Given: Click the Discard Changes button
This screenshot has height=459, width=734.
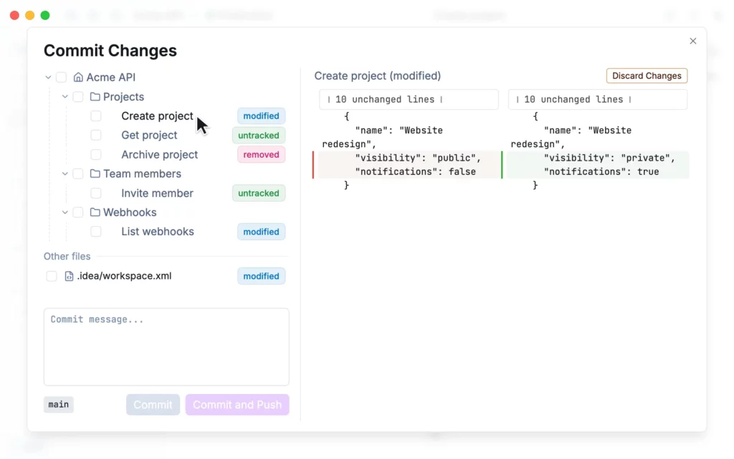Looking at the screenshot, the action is point(647,76).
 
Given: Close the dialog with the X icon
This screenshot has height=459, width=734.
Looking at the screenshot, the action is point(693,41).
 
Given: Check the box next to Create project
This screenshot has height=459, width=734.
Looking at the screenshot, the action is point(96,116).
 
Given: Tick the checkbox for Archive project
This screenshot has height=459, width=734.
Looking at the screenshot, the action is point(96,155).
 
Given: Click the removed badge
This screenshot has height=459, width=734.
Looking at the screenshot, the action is point(261,155).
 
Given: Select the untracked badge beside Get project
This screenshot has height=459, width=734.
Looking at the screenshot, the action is point(258,136).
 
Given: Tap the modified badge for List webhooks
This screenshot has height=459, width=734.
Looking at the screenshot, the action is point(261,232).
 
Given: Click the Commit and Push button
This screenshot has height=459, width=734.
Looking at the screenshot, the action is point(237,404).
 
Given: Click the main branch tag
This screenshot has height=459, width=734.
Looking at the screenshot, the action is point(59,404).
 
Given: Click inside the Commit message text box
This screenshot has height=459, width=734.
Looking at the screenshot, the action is point(166,347).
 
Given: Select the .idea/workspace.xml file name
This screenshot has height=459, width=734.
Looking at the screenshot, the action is point(124,276).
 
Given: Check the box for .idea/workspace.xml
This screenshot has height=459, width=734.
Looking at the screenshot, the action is point(52,276).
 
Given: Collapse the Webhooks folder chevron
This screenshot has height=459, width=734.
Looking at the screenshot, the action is point(65,212).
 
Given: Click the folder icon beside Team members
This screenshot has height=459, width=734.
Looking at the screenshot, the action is point(95,174).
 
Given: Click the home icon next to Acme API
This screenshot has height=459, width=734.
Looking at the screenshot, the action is point(78,77).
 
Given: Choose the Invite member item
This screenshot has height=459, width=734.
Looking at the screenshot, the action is point(157,193).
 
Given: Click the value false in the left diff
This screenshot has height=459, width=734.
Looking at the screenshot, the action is point(462,172).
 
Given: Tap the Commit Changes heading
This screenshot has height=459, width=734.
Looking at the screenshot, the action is point(110,51).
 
